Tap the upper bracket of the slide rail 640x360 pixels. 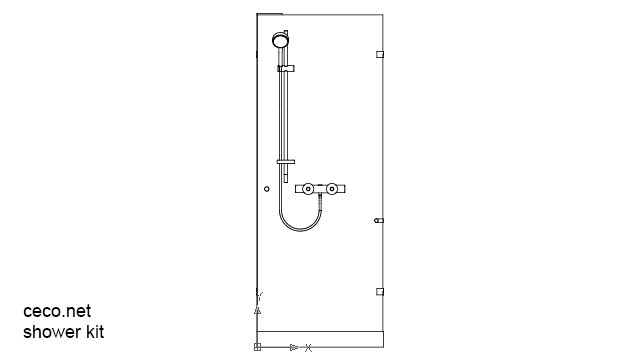tap(286, 68)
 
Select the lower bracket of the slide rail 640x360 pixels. tap(286, 162)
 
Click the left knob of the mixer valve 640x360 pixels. tap(310, 188)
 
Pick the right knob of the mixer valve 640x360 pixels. tap(332, 188)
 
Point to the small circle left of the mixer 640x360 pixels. tap(266, 188)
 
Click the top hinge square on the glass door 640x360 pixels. tap(379, 54)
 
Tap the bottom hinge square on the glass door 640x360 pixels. tap(379, 291)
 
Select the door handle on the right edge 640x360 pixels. tap(378, 220)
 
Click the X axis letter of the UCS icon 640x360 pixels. tap(309, 348)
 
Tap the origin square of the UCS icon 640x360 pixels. tap(257, 348)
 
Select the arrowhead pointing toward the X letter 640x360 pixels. tap(294, 348)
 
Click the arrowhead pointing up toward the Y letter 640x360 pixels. tap(258, 310)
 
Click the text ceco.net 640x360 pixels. tap(56, 312)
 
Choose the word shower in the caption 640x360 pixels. tap(50, 332)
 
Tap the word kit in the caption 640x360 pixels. tap(92, 332)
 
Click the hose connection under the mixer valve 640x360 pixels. tap(319, 200)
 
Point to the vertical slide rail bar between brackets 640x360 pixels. tap(287, 115)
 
